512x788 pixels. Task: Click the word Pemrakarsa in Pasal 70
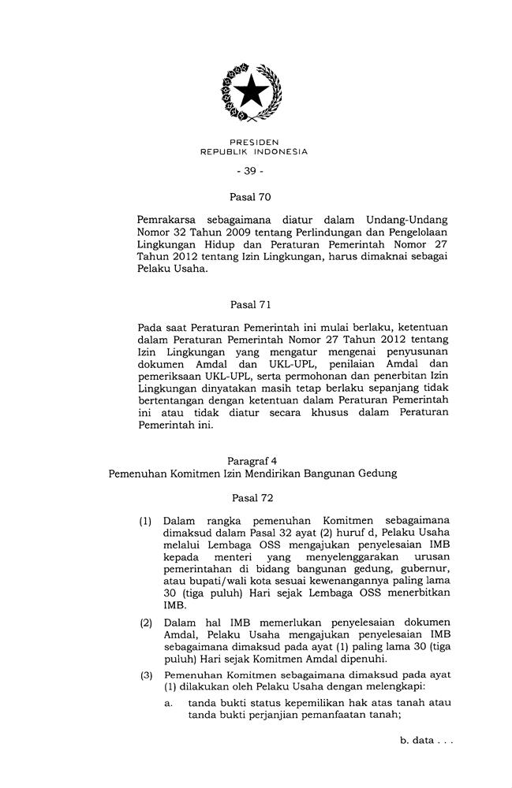click(168, 217)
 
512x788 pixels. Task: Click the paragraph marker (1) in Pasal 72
click(146, 522)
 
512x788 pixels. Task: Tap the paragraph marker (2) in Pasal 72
click(146, 623)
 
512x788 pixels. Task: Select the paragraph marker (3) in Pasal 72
click(146, 675)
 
